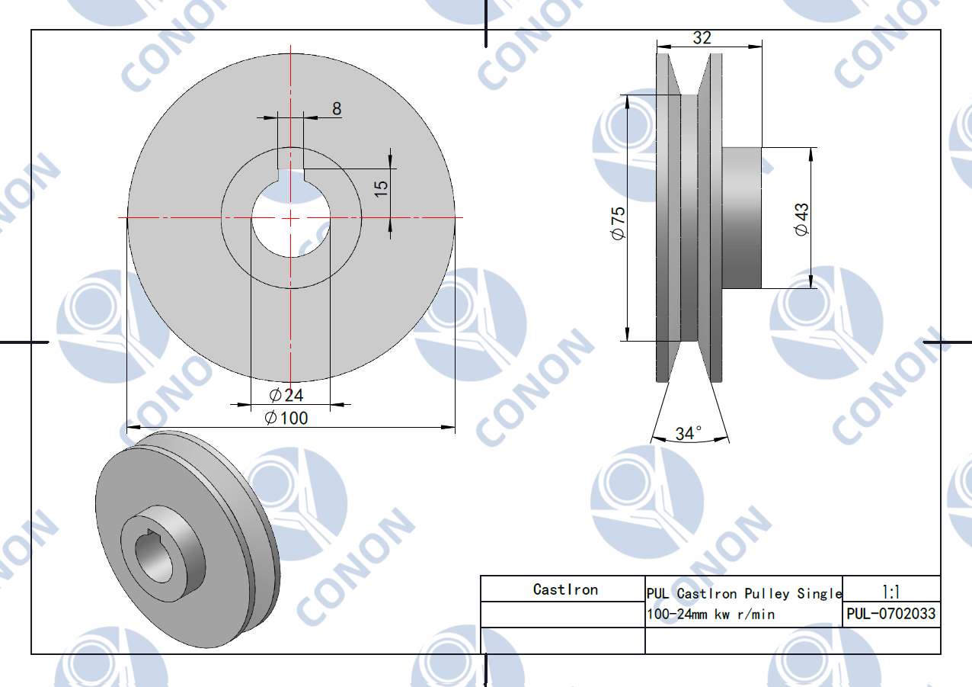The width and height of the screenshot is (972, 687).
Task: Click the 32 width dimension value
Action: pyautogui.click(x=702, y=38)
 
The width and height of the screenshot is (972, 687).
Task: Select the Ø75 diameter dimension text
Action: pyautogui.click(x=618, y=223)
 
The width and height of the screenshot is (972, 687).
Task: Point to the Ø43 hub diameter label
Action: pyautogui.click(x=801, y=220)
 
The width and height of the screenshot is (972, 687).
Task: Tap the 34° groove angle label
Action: pyautogui.click(x=688, y=433)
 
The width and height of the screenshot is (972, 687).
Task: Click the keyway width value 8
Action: pyautogui.click(x=337, y=108)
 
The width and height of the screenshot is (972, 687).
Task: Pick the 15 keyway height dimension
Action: pyautogui.click(x=381, y=189)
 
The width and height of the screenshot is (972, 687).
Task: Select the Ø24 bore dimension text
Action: pyautogui.click(x=286, y=395)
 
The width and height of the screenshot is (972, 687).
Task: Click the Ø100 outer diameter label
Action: pyautogui.click(x=286, y=418)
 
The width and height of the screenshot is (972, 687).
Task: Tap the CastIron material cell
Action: pyautogui.click(x=565, y=589)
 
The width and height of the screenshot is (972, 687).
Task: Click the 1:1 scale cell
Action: pyautogui.click(x=891, y=592)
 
